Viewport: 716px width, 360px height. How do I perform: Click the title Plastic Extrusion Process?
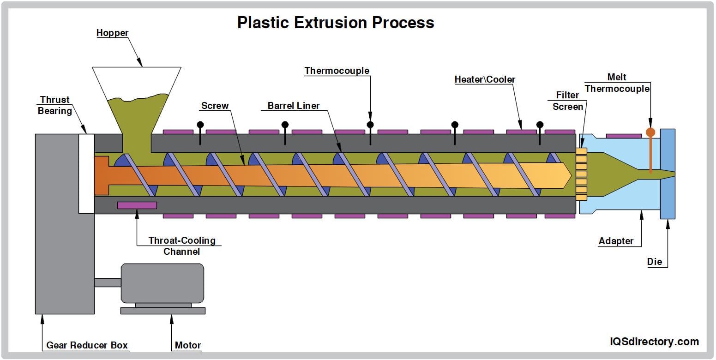[x=336, y=23]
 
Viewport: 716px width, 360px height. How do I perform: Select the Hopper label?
[x=112, y=33]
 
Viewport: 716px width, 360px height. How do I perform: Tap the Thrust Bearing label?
[x=55, y=105]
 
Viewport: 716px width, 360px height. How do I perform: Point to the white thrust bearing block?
[x=86, y=174]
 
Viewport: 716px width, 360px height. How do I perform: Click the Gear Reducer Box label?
[x=87, y=345]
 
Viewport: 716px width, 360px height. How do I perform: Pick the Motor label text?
[x=188, y=345]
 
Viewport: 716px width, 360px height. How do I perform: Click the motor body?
[x=162, y=283]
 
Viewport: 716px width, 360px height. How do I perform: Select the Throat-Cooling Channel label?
[x=182, y=246]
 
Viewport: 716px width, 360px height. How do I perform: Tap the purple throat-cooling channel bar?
[x=137, y=205]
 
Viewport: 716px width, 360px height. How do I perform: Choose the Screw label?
[x=215, y=106]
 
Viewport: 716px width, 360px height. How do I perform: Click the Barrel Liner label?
[x=294, y=106]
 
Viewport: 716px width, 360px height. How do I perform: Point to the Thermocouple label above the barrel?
[x=337, y=71]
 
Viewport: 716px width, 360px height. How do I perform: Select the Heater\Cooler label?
[x=485, y=79]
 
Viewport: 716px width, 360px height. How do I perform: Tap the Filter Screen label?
[x=567, y=101]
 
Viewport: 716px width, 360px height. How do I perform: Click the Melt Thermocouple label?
[x=617, y=83]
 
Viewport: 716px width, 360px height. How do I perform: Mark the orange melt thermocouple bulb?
[x=650, y=132]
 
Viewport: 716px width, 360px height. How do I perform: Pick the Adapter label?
[x=616, y=241]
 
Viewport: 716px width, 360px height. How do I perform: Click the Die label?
[x=654, y=262]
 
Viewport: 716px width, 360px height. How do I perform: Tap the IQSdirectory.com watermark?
[x=654, y=342]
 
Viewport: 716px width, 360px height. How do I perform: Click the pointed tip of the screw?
[x=570, y=176]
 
